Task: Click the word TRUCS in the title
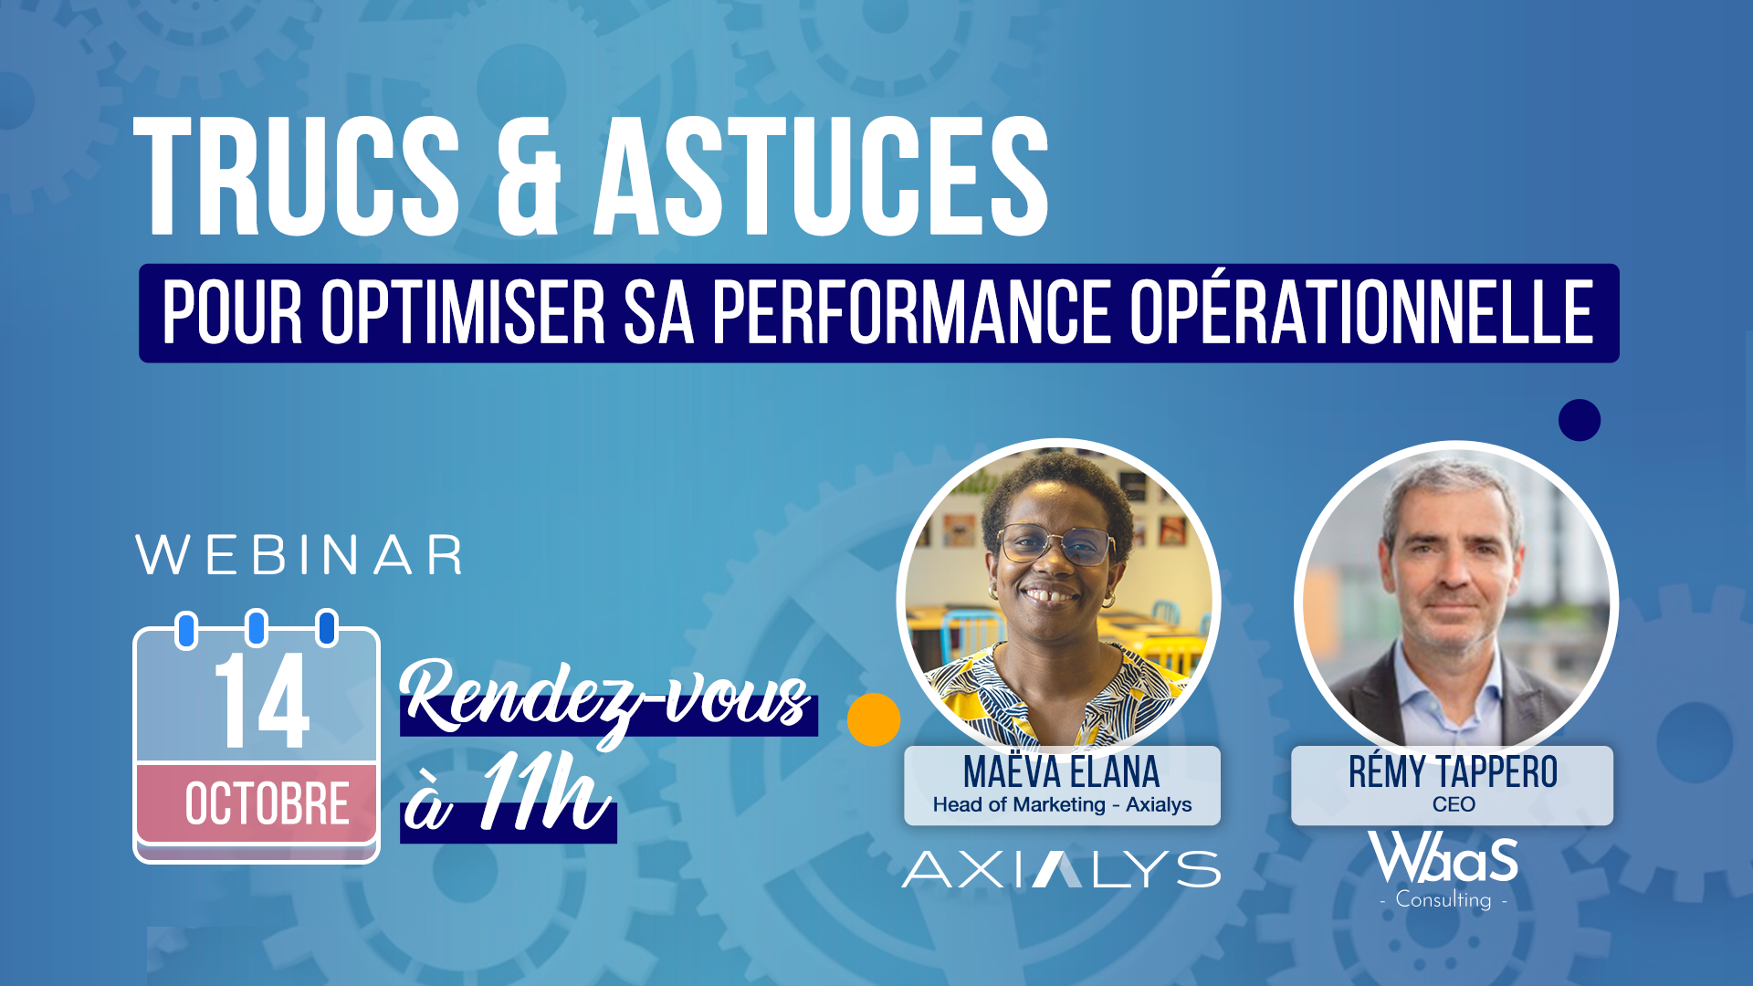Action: (x=298, y=176)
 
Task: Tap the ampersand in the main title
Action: (x=529, y=176)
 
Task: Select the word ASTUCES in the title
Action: (x=822, y=176)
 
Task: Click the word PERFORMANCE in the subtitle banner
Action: (x=911, y=313)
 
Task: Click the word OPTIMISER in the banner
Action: (x=463, y=313)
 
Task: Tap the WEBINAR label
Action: (x=299, y=555)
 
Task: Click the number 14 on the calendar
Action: (x=262, y=700)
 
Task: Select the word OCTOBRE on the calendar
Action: (x=268, y=804)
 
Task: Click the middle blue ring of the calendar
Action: (x=257, y=628)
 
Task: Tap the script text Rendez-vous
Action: (x=605, y=699)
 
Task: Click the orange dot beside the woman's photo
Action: (x=874, y=719)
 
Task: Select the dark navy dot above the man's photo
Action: (x=1580, y=420)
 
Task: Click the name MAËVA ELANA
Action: (x=1062, y=772)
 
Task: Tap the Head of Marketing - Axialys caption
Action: (x=1062, y=804)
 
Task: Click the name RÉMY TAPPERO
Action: (x=1454, y=772)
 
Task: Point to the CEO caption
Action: (x=1454, y=804)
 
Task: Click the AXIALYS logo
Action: (x=1061, y=869)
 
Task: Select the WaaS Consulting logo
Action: (x=1443, y=870)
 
